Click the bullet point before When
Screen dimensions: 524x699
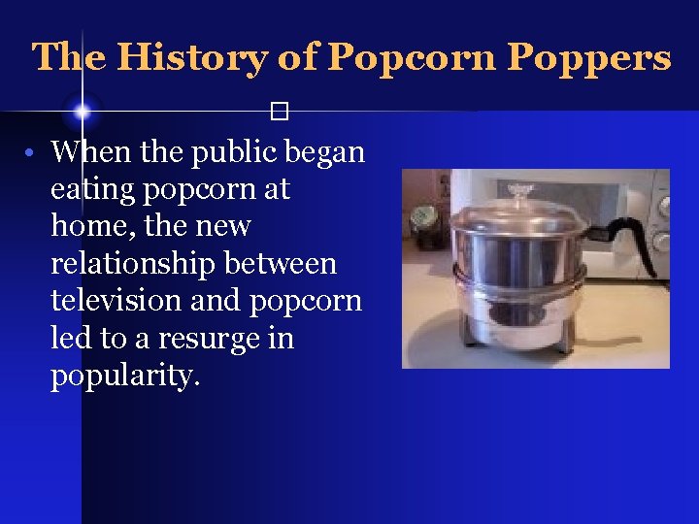tap(31, 153)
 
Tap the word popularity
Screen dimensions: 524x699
tap(124, 377)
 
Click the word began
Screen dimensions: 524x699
tap(324, 152)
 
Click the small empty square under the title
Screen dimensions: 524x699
tap(281, 112)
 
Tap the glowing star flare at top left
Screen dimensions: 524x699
tap(83, 112)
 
